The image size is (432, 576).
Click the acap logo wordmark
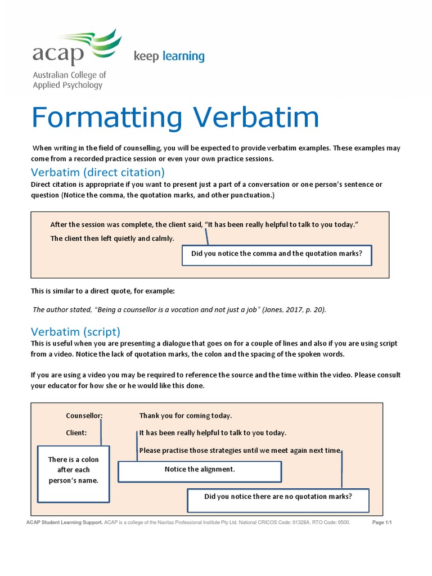click(58, 55)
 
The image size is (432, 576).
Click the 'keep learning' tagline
click(169, 56)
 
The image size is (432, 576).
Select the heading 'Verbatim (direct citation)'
click(98, 172)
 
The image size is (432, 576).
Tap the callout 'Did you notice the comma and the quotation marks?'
click(277, 254)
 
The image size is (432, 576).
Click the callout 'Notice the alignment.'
click(199, 470)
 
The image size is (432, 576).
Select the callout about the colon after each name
click(73, 470)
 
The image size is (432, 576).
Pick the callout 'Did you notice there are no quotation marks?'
click(278, 497)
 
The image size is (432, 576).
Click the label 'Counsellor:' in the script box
click(84, 416)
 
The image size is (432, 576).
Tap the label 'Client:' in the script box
click(76, 433)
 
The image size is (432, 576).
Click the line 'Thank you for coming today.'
click(185, 416)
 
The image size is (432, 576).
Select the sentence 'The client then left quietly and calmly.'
click(112, 238)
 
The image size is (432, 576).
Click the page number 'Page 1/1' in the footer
click(382, 523)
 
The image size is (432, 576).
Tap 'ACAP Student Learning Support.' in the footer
click(65, 523)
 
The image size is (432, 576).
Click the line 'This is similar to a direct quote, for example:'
click(103, 291)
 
